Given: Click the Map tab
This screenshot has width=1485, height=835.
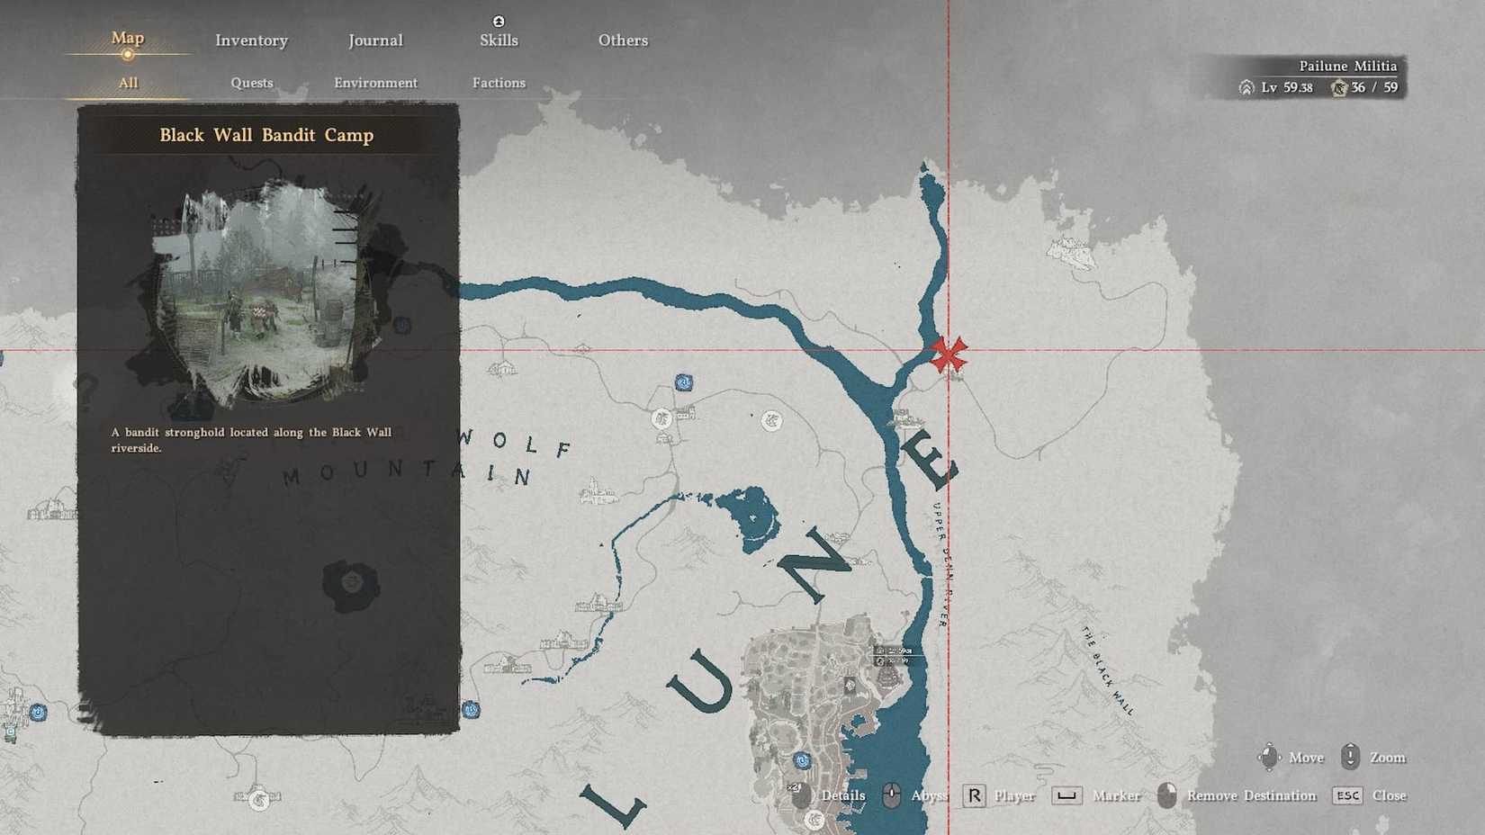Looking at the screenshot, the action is coord(127,38).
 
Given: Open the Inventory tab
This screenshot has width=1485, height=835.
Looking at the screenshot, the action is coord(251,40).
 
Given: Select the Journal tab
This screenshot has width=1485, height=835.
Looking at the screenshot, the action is coord(375,40).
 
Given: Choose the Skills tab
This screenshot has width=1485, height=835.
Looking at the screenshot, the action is coord(499,40).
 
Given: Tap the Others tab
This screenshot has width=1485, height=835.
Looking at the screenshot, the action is coord(623,40).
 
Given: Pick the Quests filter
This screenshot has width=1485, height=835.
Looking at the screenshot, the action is coord(251,83).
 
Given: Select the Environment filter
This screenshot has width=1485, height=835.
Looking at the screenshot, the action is coord(375,83).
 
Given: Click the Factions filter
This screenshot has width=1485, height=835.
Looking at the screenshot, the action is coord(499,83).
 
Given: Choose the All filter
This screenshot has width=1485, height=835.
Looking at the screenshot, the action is coord(128,83).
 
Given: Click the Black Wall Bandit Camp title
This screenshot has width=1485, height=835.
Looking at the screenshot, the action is coord(266,135).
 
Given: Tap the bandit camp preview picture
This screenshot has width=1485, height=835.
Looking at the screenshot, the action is coord(261,292).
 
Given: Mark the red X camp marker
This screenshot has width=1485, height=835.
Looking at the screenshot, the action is coord(948,354).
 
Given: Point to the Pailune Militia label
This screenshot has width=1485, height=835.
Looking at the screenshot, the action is coord(1347,66).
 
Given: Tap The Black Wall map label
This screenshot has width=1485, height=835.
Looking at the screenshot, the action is coord(1107,670).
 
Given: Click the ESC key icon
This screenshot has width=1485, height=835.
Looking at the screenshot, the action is coord(1347,795).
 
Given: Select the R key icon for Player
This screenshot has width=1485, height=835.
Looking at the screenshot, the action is coord(974,795).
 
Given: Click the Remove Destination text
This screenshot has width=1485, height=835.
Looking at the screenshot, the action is coord(1251,795).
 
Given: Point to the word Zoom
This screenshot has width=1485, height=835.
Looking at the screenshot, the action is coord(1387,758).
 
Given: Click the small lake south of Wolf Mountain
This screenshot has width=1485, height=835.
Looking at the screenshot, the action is coord(751,517).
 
